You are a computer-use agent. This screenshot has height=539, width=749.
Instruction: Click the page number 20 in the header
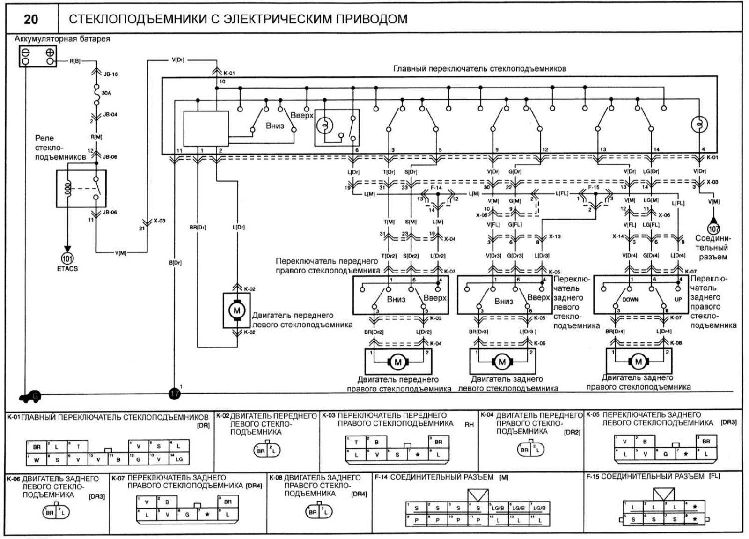tap(31, 19)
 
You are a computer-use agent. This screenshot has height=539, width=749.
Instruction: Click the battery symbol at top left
tap(38, 56)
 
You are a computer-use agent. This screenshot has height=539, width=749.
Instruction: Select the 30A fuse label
tap(106, 93)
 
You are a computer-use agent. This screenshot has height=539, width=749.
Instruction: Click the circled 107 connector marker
tap(713, 229)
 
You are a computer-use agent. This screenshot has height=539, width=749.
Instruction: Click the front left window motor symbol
tap(236, 310)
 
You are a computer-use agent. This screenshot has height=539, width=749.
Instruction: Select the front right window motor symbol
tap(398, 362)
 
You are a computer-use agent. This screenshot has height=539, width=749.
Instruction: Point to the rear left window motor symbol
tap(503, 362)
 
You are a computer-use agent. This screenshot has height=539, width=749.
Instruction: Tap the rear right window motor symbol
tap(638, 362)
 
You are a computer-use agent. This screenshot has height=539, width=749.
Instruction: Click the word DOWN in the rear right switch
tap(630, 300)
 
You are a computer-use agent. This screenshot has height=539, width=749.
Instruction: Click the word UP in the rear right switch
tap(678, 300)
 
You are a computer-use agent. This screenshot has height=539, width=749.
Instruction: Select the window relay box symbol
tap(81, 188)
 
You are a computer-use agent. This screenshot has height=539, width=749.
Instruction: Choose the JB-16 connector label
tap(110, 74)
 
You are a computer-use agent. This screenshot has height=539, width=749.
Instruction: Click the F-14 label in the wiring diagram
tap(436, 188)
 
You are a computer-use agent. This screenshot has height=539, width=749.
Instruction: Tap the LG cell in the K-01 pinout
tap(179, 459)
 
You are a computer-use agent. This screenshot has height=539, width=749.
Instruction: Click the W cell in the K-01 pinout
tap(37, 459)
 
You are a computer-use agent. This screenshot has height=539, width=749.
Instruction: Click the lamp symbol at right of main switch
tap(699, 125)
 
